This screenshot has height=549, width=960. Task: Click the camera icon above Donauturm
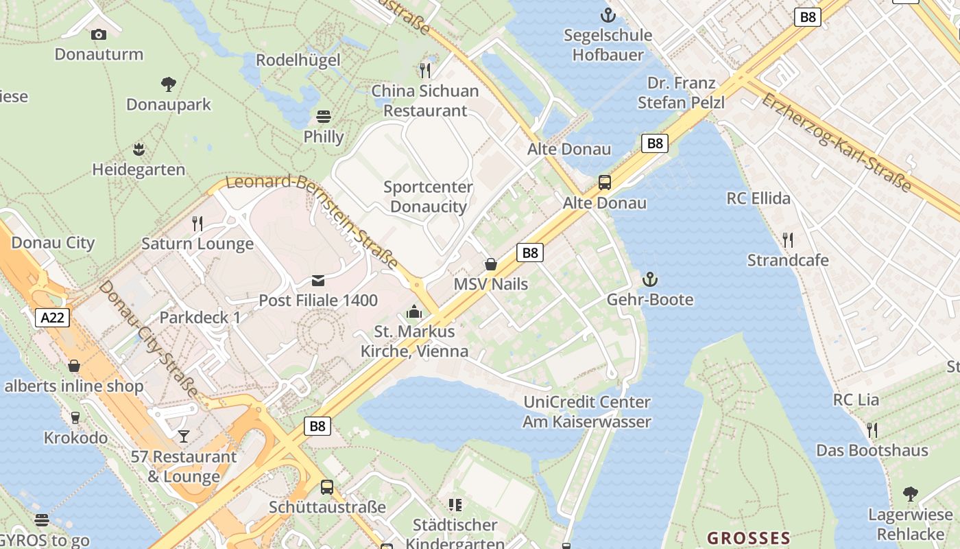pyautogui.click(x=99, y=34)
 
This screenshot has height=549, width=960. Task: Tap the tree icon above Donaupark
pyautogui.click(x=169, y=84)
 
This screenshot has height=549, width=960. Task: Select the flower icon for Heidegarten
pyautogui.click(x=139, y=149)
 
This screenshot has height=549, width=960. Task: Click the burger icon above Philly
pyautogui.click(x=324, y=116)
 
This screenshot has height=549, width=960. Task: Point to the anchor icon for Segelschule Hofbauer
pyautogui.click(x=608, y=14)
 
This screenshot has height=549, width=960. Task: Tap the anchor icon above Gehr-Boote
pyautogui.click(x=649, y=279)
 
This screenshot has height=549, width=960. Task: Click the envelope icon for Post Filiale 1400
pyautogui.click(x=318, y=280)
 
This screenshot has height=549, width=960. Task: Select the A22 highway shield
pyautogui.click(x=53, y=318)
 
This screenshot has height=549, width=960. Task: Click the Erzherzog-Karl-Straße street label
pyautogui.click(x=837, y=143)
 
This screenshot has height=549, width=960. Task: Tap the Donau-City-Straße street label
pyautogui.click(x=148, y=340)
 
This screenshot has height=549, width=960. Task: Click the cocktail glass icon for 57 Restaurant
pyautogui.click(x=184, y=436)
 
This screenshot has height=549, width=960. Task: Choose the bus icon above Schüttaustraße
pyautogui.click(x=327, y=487)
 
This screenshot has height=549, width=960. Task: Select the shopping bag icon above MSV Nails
pyautogui.click(x=491, y=264)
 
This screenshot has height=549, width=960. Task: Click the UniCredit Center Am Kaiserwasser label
pyautogui.click(x=587, y=412)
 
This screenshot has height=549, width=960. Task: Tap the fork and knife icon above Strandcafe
pyautogui.click(x=788, y=240)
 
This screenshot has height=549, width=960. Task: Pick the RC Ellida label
pyautogui.click(x=758, y=199)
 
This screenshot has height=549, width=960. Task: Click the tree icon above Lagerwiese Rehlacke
pyautogui.click(x=911, y=494)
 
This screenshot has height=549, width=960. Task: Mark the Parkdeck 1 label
pyautogui.click(x=200, y=318)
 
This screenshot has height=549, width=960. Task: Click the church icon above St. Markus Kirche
pyautogui.click(x=414, y=312)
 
